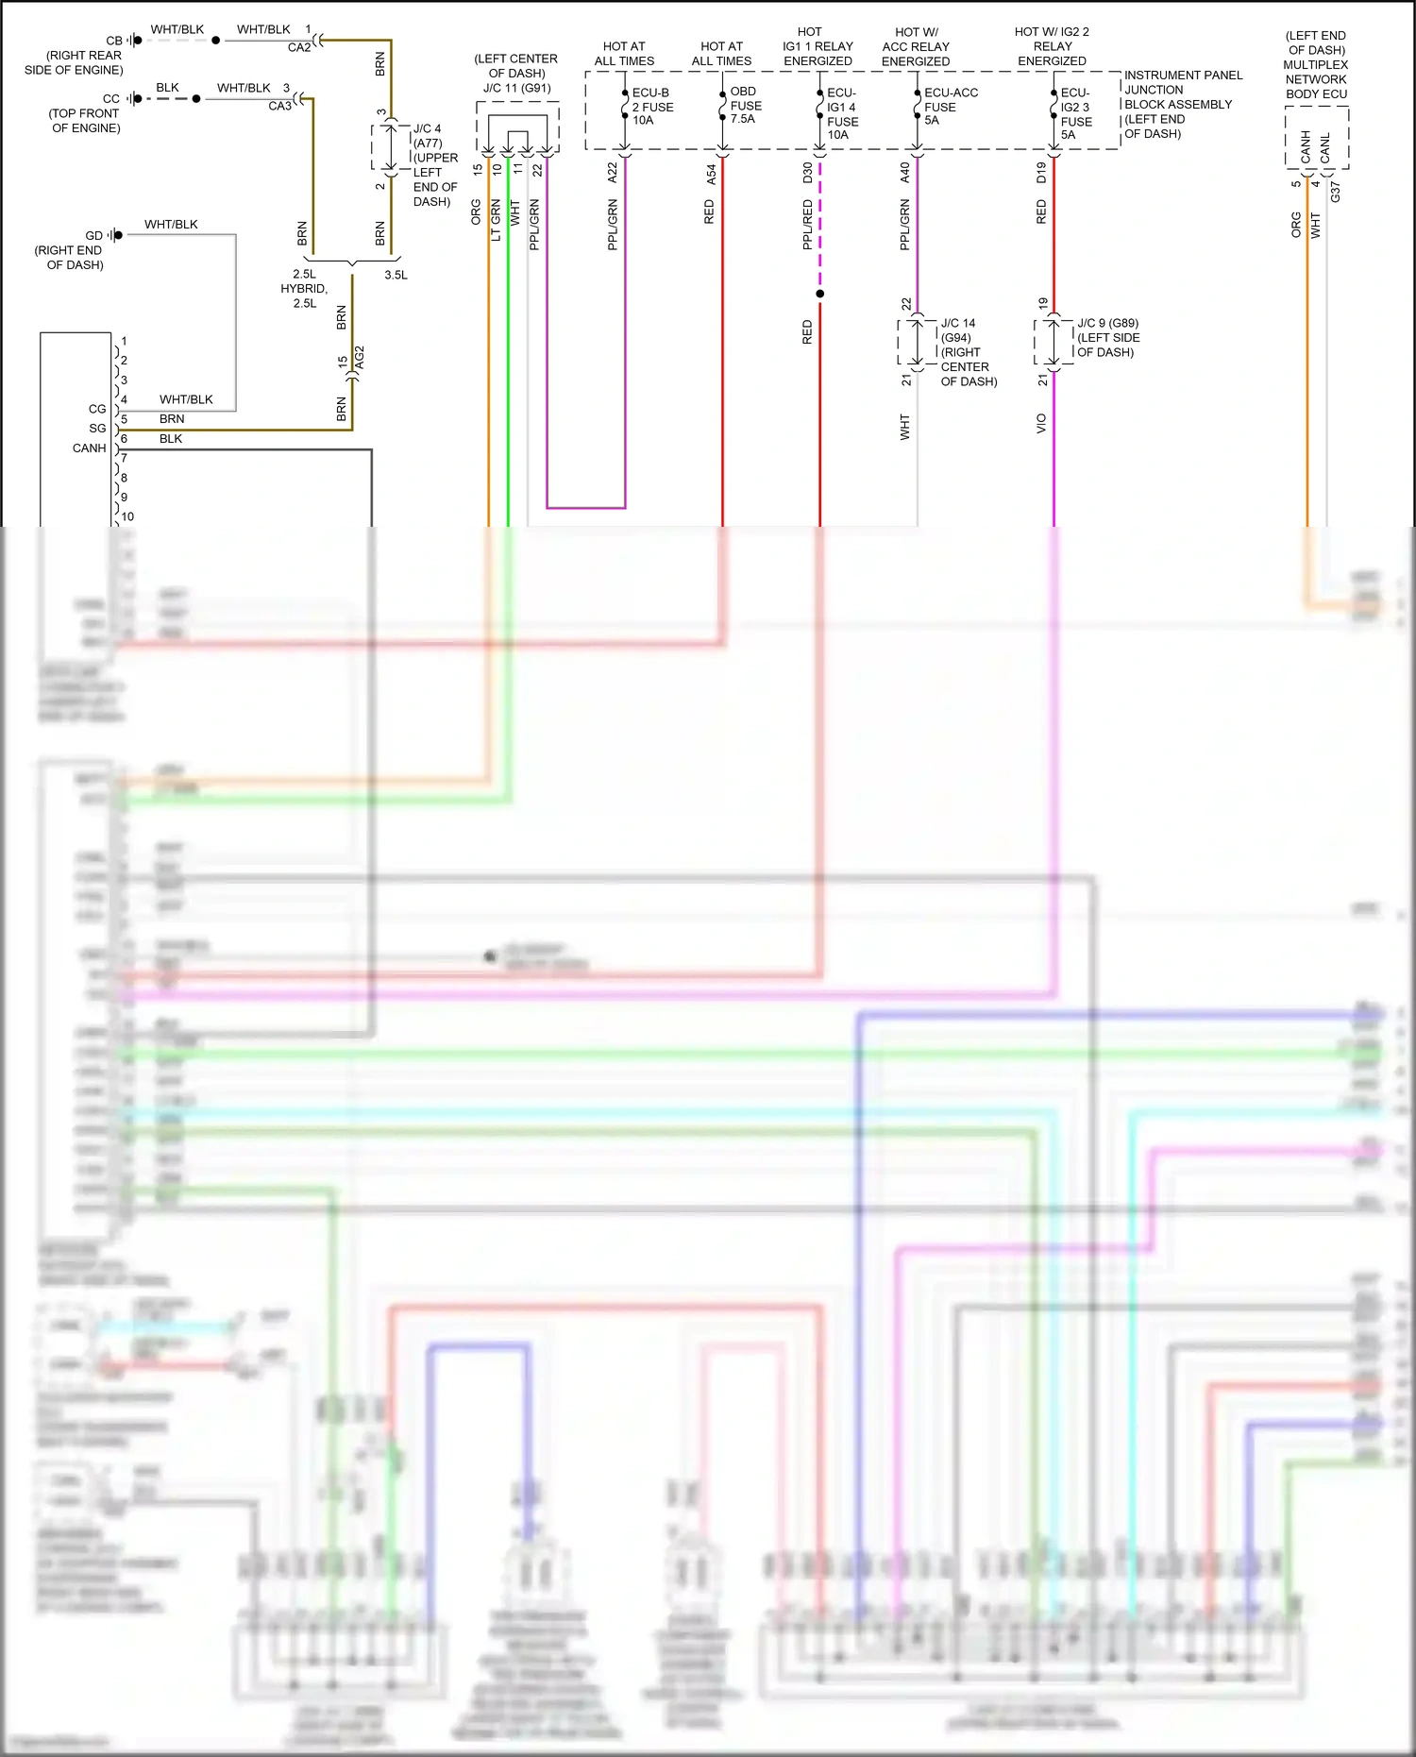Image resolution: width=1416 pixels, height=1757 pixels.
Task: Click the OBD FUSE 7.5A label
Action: coord(744,105)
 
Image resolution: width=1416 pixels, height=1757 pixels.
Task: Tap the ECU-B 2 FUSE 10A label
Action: coord(651,106)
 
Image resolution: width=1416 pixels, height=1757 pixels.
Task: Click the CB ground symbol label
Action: coord(114,41)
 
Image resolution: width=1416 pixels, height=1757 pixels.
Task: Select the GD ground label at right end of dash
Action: coord(93,235)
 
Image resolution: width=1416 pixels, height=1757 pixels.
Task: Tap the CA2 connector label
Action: coord(299,47)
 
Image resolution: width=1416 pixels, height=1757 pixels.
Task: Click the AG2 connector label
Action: coord(360,358)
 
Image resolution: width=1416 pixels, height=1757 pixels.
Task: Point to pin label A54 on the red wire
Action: coord(712,174)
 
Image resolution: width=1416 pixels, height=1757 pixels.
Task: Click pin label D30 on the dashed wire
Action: coord(808,173)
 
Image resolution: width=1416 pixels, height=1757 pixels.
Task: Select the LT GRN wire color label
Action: coord(496,220)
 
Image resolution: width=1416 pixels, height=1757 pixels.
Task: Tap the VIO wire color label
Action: coord(1041,423)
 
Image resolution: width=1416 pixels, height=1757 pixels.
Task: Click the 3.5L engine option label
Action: coord(396,275)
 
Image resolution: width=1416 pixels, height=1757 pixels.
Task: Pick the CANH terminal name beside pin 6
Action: coord(90,448)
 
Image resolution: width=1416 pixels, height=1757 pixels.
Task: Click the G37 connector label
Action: coord(1335,192)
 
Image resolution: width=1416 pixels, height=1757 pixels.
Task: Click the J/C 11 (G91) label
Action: coord(516,88)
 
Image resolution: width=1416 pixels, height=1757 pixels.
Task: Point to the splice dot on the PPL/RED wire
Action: coord(819,294)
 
